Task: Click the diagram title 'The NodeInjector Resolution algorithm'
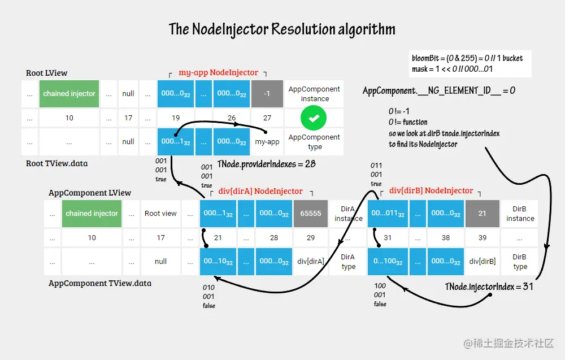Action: (282, 29)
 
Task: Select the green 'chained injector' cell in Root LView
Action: (69, 94)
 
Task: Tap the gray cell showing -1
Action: (267, 94)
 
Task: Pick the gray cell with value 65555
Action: (310, 214)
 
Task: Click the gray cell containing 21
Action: (482, 214)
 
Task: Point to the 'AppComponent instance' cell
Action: (314, 94)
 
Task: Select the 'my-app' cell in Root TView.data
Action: (267, 142)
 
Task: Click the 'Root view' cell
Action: (160, 214)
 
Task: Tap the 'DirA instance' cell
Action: (348, 214)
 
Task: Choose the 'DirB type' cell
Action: (520, 262)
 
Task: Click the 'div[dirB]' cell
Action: (482, 262)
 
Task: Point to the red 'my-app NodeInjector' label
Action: (218, 73)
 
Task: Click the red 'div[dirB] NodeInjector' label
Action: (431, 191)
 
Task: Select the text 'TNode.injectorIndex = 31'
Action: (489, 287)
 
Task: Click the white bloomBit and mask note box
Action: (470, 64)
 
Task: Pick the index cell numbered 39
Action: (482, 238)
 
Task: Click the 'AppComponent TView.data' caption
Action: (99, 283)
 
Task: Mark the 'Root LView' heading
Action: (47, 73)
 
